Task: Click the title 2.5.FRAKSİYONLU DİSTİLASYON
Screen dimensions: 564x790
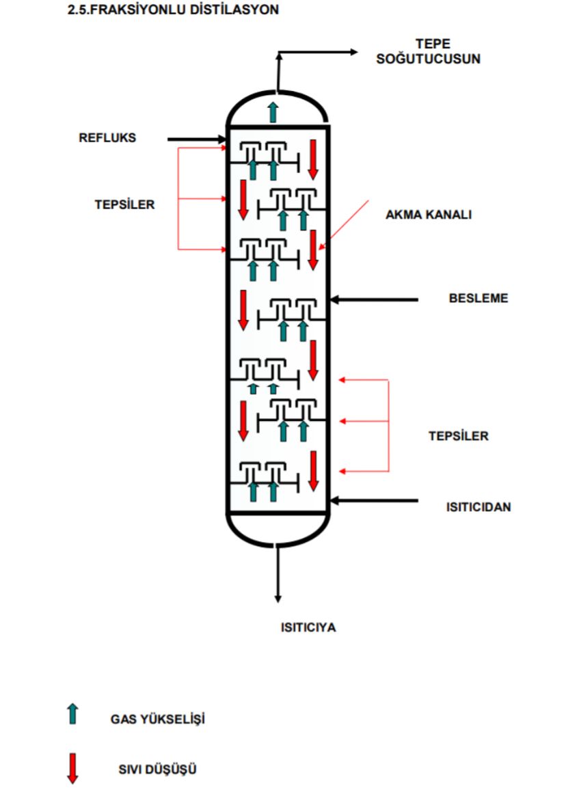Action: pyautogui.click(x=174, y=10)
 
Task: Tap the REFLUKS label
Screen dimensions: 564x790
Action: pyautogui.click(x=107, y=137)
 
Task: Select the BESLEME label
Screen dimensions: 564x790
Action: pyautogui.click(x=479, y=298)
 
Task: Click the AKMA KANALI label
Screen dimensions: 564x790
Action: pyautogui.click(x=429, y=215)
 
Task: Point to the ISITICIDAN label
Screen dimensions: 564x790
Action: pyautogui.click(x=479, y=507)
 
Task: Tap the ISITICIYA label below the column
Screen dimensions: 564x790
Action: pyautogui.click(x=308, y=627)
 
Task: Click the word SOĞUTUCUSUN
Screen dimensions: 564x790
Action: pyautogui.click(x=428, y=59)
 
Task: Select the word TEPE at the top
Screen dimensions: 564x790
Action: pyautogui.click(x=433, y=44)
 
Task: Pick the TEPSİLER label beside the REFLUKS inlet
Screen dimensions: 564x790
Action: pyautogui.click(x=124, y=204)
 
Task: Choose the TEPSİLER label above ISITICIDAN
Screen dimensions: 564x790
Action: pyautogui.click(x=458, y=436)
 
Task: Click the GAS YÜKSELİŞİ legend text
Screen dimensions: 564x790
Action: pyautogui.click(x=157, y=719)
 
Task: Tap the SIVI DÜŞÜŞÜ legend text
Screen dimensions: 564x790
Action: pyautogui.click(x=157, y=769)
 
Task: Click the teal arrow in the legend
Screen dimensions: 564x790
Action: pyautogui.click(x=73, y=713)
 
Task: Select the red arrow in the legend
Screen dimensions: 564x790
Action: pyautogui.click(x=73, y=768)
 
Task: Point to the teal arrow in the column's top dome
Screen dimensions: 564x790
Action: pyautogui.click(x=273, y=112)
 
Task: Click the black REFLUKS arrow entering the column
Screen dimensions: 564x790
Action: pyautogui.click(x=197, y=139)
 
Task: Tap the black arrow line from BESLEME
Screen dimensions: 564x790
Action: pyautogui.click(x=373, y=300)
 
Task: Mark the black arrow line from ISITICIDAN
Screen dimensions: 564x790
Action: pyautogui.click(x=373, y=501)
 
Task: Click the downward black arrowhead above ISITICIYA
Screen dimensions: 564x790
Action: pyautogui.click(x=278, y=599)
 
